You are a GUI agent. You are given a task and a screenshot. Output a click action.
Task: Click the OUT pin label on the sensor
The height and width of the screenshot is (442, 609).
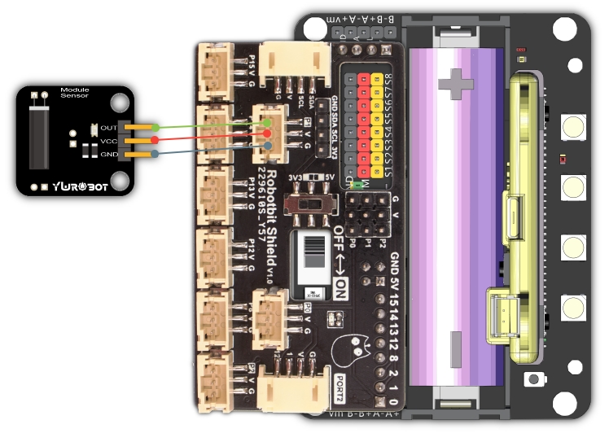point(108,127)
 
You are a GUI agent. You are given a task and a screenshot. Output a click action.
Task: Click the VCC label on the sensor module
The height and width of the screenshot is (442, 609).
point(108,141)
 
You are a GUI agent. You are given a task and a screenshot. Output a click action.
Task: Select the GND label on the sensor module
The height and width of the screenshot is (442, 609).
point(108,154)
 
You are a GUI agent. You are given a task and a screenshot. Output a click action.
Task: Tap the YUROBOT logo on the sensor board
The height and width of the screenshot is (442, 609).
point(73,186)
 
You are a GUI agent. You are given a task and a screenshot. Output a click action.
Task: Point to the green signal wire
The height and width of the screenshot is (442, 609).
point(204,125)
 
